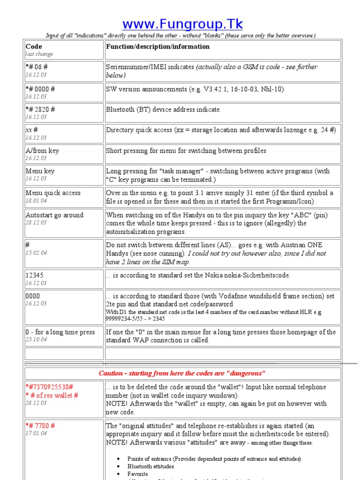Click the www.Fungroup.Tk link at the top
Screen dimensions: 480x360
(182, 24)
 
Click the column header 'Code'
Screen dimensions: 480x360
(34, 46)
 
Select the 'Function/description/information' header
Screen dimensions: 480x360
(157, 46)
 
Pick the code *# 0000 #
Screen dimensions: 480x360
(40, 89)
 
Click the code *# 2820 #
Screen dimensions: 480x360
(40, 109)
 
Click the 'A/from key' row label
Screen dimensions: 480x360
(42, 150)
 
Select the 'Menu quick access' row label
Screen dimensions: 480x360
(53, 193)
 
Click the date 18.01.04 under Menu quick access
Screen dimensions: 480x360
(36, 200)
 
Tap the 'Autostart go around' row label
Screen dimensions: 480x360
(54, 215)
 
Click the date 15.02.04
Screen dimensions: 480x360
(36, 253)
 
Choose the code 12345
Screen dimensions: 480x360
(35, 275)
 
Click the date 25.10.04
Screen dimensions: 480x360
(36, 339)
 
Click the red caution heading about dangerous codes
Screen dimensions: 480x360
(182, 373)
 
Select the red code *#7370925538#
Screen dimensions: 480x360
(50, 387)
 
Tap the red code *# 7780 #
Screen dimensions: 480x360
(40, 426)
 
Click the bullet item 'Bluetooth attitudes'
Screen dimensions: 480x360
(150, 466)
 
